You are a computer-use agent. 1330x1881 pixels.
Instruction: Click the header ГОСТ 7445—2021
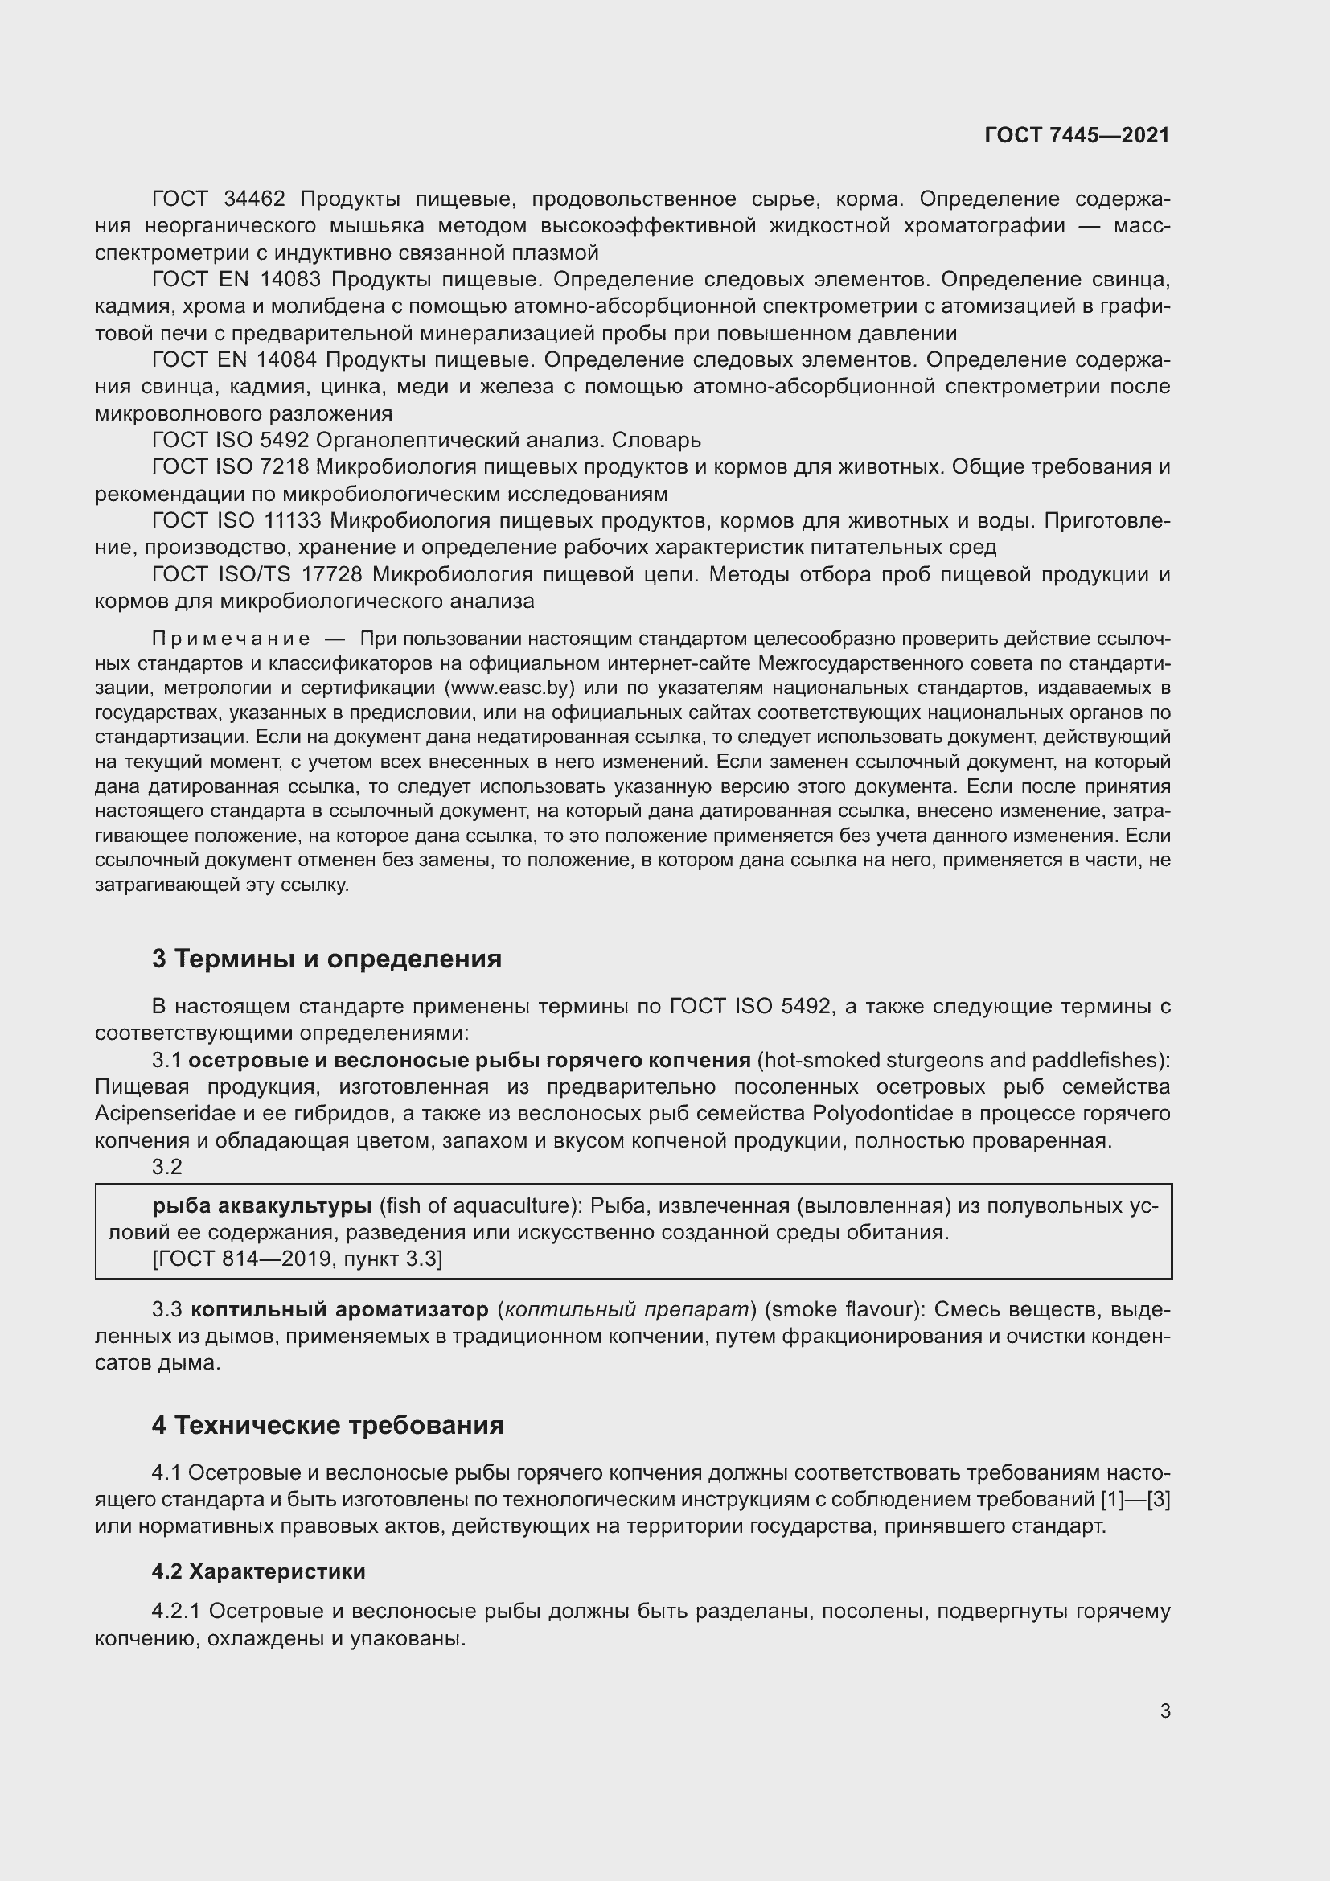[x=1077, y=135]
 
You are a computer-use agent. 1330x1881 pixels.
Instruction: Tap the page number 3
[x=1164, y=1711]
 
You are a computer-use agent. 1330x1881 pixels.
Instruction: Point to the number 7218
[x=281, y=467]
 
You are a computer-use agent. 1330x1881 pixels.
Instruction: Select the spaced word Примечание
[x=231, y=639]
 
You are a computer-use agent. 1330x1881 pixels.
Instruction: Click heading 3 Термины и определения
[x=326, y=959]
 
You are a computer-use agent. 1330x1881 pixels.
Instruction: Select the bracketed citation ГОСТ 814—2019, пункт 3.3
[x=298, y=1259]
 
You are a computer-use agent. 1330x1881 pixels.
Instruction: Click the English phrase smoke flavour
[x=841, y=1310]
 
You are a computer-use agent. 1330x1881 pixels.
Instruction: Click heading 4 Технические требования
[x=327, y=1426]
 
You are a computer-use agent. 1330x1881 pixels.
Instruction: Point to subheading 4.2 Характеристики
[x=258, y=1571]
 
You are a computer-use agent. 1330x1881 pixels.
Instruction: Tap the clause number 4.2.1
[x=176, y=1612]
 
